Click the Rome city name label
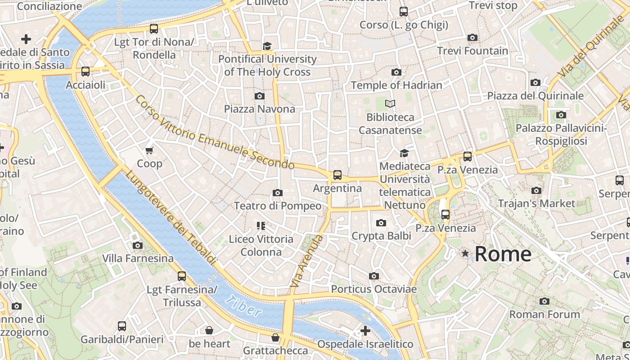point(503,254)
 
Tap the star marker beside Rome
point(465,254)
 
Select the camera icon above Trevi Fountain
point(472,38)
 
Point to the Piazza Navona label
point(260,109)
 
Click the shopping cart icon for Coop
point(149,150)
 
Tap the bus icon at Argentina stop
point(337,175)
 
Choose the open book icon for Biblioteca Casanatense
point(390,104)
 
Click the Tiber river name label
point(243,306)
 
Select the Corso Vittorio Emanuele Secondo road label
point(215,132)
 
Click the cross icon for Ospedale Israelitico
point(365,331)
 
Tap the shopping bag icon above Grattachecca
point(275,337)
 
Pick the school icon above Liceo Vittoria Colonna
point(261,225)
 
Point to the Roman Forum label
point(544,314)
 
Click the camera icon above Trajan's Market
point(536,190)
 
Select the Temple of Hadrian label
point(396,85)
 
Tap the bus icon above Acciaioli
point(85,72)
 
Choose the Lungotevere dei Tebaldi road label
point(171,217)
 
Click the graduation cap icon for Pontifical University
point(267,46)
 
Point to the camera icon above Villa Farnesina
point(138,245)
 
